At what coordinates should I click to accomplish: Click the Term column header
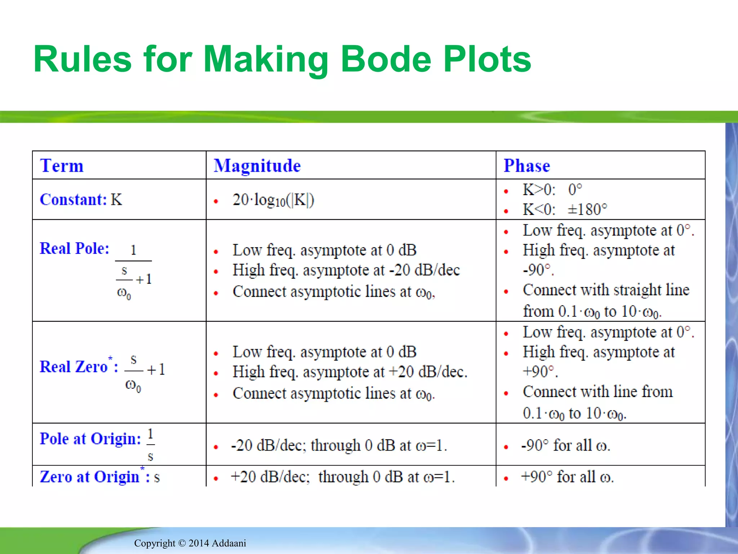(x=62, y=166)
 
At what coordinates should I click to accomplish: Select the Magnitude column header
(x=257, y=166)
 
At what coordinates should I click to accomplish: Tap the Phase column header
(x=526, y=166)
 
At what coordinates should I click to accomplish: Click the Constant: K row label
(x=81, y=199)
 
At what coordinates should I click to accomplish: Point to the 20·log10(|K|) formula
(x=273, y=200)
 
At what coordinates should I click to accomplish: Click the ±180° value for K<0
(x=587, y=210)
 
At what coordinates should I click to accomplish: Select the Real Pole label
(x=74, y=248)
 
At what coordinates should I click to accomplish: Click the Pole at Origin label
(x=90, y=439)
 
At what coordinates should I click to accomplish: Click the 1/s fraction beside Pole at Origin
(x=151, y=444)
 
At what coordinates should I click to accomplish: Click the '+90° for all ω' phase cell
(x=567, y=477)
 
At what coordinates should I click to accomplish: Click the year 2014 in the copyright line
(x=199, y=543)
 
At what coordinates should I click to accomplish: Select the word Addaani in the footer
(x=229, y=543)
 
